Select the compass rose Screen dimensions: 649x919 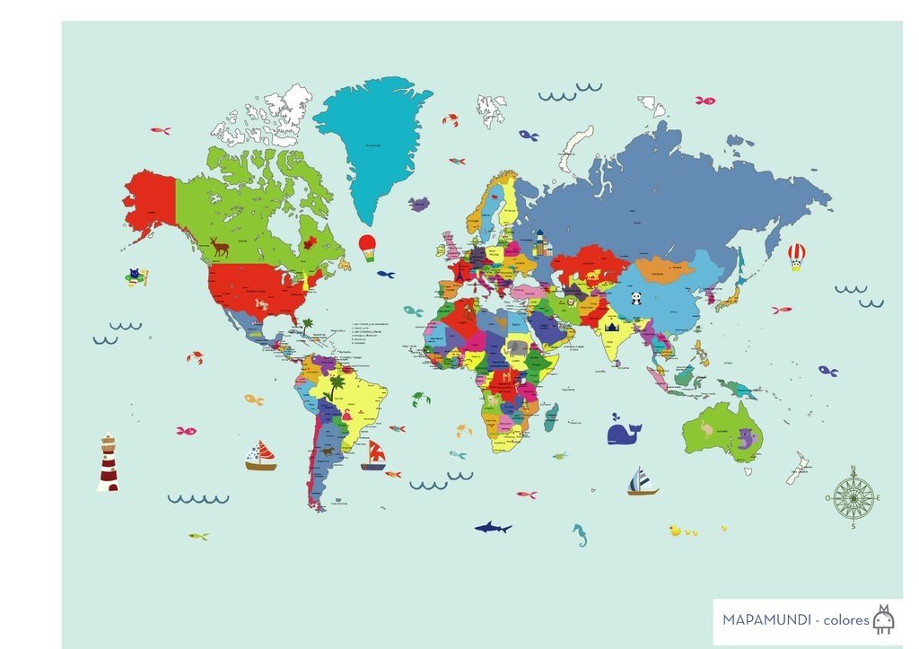853,497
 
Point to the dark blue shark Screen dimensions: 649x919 492,527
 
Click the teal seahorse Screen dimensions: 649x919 581,535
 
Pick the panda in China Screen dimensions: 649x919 635,298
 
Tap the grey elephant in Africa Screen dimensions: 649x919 517,347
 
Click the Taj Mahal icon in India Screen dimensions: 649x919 613,329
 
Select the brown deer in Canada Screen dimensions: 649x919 219,245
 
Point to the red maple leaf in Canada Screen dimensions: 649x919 311,242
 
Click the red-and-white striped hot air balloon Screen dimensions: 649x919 796,256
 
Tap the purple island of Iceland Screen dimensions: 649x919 419,205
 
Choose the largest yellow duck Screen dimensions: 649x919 674,531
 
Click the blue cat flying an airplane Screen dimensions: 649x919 136,276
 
